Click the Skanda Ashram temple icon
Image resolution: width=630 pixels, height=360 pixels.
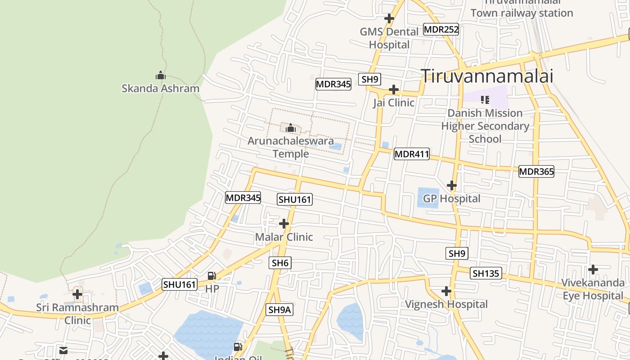pyautogui.click(x=160, y=75)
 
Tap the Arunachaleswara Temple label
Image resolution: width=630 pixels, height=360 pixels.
pyautogui.click(x=291, y=147)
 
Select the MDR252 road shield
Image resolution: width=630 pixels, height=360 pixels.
pyautogui.click(x=441, y=30)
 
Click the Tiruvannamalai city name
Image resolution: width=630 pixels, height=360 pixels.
pyautogui.click(x=486, y=76)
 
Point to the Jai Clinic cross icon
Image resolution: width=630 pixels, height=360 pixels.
pyautogui.click(x=394, y=89)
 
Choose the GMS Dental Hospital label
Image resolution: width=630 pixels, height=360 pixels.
pyautogui.click(x=389, y=38)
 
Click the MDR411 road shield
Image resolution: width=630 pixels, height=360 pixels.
pyautogui.click(x=412, y=154)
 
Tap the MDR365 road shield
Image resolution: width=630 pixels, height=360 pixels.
pyautogui.click(x=536, y=171)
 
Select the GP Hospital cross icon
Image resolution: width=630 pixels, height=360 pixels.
pyautogui.click(x=451, y=185)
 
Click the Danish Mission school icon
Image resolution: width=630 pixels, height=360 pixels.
pyautogui.click(x=485, y=99)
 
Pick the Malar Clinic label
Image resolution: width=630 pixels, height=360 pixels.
pyautogui.click(x=284, y=237)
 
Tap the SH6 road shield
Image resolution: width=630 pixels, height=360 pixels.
pyautogui.click(x=280, y=263)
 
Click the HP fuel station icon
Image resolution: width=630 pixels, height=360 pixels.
pyautogui.click(x=211, y=275)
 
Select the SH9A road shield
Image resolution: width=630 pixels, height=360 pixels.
pyautogui.click(x=280, y=310)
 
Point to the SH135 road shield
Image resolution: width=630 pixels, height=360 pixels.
pyautogui.click(x=486, y=273)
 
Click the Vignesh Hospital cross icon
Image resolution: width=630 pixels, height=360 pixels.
pyautogui.click(x=446, y=291)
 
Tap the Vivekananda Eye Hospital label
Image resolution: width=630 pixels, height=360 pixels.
pyautogui.click(x=593, y=289)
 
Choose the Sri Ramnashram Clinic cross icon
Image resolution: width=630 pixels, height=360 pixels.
pyautogui.click(x=77, y=295)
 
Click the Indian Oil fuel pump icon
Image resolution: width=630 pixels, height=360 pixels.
pyautogui.click(x=238, y=346)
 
